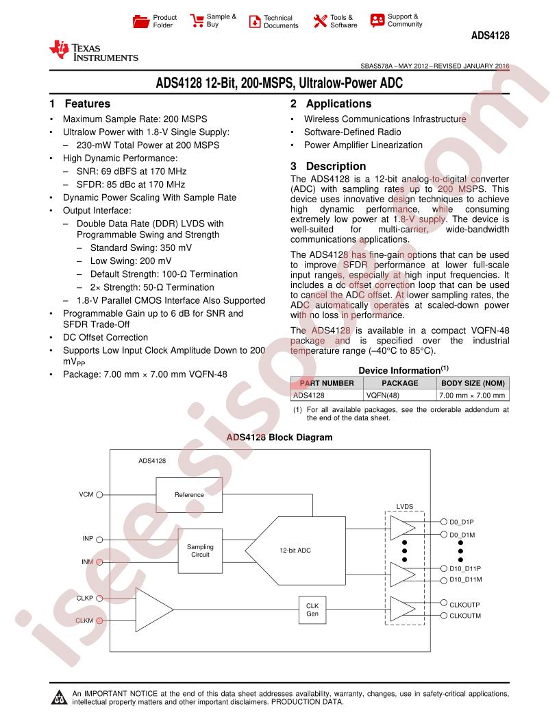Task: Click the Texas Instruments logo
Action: click(94, 51)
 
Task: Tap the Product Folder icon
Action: click(140, 21)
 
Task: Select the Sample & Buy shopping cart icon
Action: click(197, 21)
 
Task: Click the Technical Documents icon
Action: click(255, 21)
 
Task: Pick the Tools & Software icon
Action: click(320, 21)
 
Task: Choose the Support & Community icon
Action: click(377, 21)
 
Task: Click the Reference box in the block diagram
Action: click(189, 495)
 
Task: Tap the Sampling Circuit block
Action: click(200, 551)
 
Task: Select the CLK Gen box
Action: click(312, 610)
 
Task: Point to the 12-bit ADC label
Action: click(295, 551)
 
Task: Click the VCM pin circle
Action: click(99, 494)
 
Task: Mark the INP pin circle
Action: click(99, 540)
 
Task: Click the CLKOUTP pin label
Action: click(464, 605)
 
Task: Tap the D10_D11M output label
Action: click(465, 580)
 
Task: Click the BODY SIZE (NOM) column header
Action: click(473, 383)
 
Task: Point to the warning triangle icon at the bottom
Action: click(59, 697)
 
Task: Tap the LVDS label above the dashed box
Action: click(404, 506)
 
